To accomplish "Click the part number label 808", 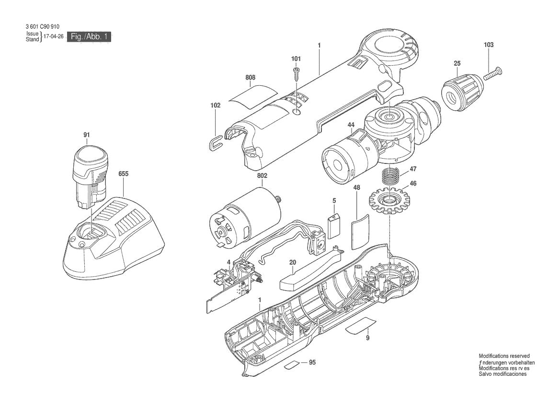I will click(x=250, y=77).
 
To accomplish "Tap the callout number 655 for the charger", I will click(x=123, y=175).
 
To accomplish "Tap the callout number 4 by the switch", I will click(x=229, y=262).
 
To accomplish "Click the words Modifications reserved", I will click(x=504, y=356).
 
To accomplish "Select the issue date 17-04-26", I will click(x=53, y=36).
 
